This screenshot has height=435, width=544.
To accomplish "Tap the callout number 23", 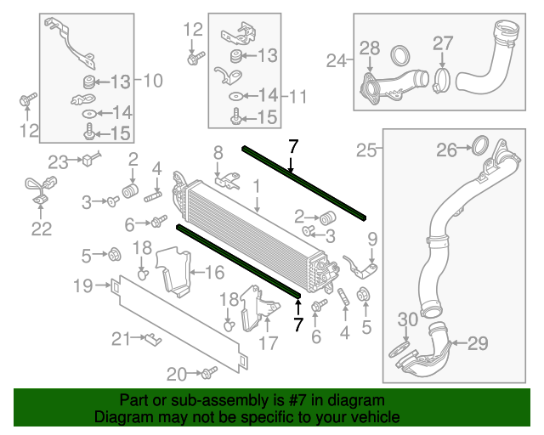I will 57,161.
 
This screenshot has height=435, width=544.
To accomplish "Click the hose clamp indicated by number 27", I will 442,82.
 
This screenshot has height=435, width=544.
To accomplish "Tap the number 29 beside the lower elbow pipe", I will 478,343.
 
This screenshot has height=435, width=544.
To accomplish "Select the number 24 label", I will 337,60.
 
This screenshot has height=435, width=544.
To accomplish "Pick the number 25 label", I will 365,150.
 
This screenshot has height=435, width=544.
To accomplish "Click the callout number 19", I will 82,286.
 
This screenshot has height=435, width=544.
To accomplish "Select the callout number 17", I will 268,344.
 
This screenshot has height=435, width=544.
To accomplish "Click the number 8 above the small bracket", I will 218,152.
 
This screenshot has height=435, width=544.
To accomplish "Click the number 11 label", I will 297,96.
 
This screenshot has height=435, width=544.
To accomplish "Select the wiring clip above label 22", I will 39,189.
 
